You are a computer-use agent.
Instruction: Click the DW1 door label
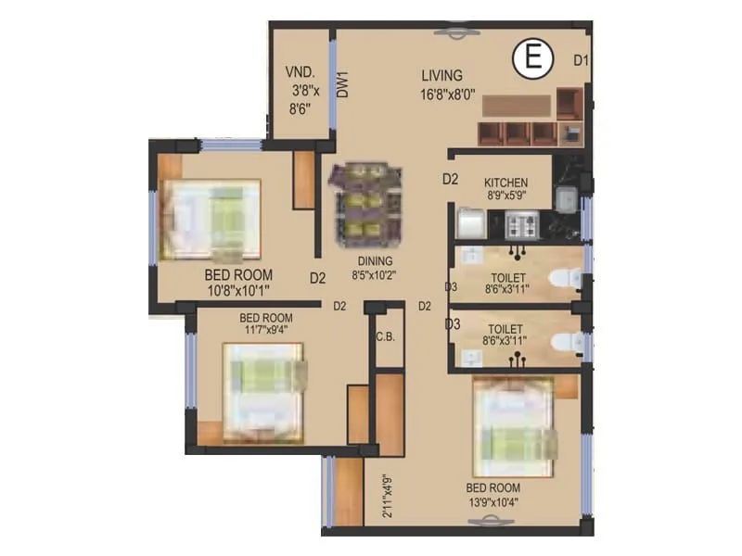tap(342, 85)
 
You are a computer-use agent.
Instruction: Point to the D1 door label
tap(581, 61)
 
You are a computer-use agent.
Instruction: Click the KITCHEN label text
tap(506, 183)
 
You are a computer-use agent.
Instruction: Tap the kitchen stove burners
tap(518, 224)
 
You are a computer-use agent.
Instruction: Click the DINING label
tap(371, 261)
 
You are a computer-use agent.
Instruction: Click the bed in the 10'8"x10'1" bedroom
tap(209, 220)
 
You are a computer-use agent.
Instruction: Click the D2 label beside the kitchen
tap(450, 180)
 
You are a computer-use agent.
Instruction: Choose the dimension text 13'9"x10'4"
tap(493, 503)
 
